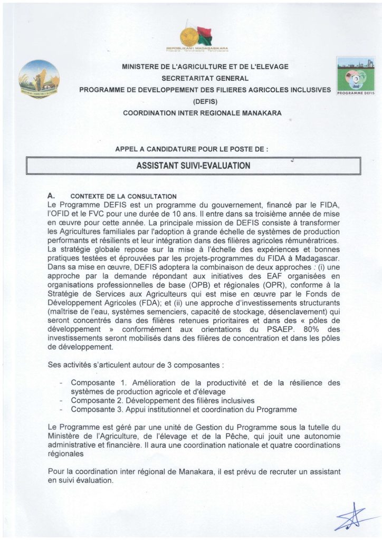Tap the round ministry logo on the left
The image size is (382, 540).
[39, 79]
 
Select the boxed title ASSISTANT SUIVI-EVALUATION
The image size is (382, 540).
[193, 166]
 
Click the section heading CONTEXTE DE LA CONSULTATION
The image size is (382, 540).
[120, 197]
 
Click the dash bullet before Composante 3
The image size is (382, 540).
[62, 409]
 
